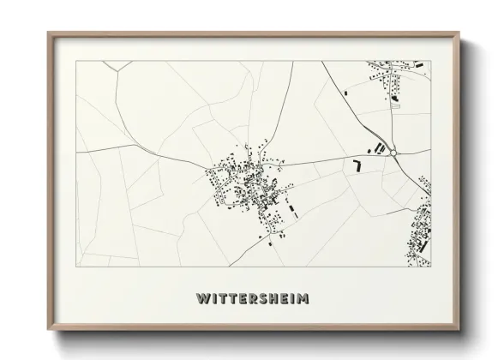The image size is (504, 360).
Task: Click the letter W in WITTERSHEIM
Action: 201,299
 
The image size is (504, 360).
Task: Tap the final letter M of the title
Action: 303,299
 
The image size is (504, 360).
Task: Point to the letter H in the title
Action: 273,299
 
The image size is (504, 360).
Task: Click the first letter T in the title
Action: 221,299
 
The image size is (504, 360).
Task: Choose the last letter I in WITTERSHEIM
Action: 292,299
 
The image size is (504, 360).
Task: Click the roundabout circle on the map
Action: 393,153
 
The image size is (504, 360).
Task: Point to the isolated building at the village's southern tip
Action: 273,244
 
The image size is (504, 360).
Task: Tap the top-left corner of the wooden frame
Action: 48,33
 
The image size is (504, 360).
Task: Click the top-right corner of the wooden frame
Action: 461,33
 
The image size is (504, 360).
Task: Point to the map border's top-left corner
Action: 77,61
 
